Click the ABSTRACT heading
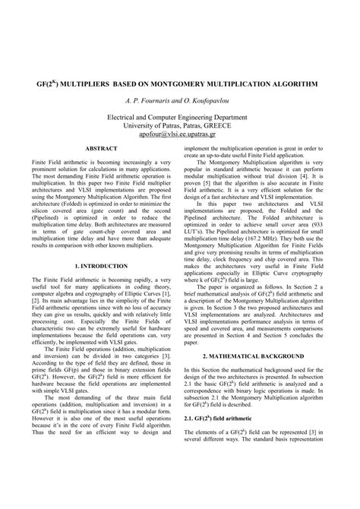click(101, 147)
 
